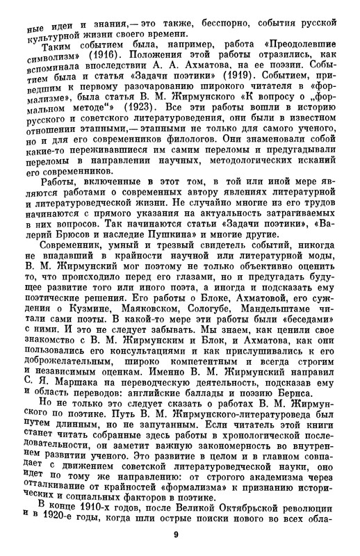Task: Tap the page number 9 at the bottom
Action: (180, 535)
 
